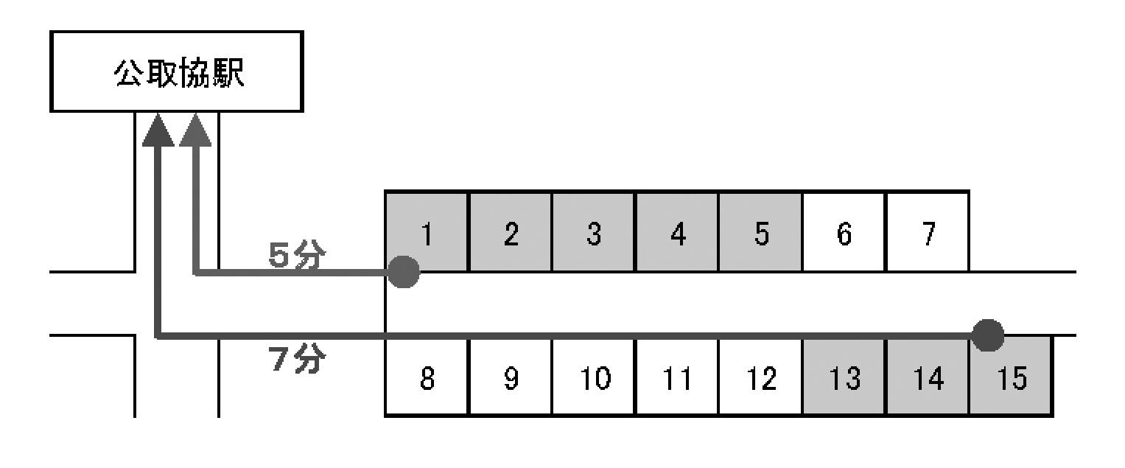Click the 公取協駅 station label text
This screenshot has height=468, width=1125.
coord(179,74)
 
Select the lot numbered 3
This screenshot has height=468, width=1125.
coord(594,232)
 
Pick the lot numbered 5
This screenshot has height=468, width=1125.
coord(761,232)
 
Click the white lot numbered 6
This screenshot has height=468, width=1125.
coord(844,232)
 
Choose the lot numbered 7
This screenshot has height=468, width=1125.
coord(928,232)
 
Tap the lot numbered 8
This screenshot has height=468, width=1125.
coord(427,377)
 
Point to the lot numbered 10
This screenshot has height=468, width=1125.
coord(594,377)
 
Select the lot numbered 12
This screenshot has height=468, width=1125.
coord(761,377)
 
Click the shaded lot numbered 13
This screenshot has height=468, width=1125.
coord(844,377)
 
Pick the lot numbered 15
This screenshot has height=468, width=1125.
coord(1011,378)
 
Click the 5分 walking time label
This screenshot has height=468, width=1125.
coord(297,255)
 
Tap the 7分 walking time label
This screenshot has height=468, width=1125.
coord(297,359)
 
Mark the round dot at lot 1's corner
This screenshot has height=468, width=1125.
coord(403,272)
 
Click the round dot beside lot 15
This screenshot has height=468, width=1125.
coord(988,335)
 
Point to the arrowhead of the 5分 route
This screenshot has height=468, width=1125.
coord(195,130)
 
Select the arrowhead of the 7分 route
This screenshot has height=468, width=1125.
coord(158,130)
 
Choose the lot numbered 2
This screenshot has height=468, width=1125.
coord(511,232)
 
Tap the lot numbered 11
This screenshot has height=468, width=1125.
coord(677,377)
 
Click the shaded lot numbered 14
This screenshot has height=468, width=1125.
coord(928,377)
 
